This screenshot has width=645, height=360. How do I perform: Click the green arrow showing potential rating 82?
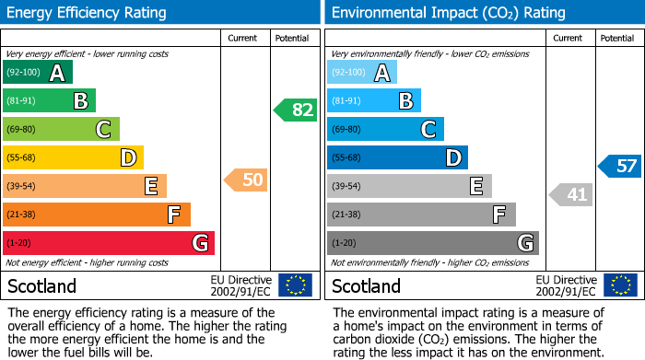pyautogui.click(x=296, y=110)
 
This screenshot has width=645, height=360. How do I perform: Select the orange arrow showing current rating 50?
pyautogui.click(x=246, y=180)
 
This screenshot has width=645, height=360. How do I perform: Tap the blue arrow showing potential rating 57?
pyautogui.click(x=620, y=167)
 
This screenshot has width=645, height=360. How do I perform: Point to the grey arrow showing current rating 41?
pyautogui.click(x=571, y=194)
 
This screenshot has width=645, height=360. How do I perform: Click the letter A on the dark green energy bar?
pyautogui.click(x=57, y=73)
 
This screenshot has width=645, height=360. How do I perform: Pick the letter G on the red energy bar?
pyautogui.click(x=199, y=243)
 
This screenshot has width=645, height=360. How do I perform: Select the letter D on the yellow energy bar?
pyautogui.click(x=128, y=158)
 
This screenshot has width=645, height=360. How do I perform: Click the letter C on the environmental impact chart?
pyautogui.click(x=428, y=130)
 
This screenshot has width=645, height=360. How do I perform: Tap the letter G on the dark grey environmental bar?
pyautogui.click(x=524, y=243)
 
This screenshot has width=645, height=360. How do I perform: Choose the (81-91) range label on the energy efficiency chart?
pyautogui.click(x=21, y=101)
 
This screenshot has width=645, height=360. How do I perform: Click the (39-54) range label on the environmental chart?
pyautogui.click(x=347, y=187)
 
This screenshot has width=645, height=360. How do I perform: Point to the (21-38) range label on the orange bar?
pyautogui.click(x=21, y=215)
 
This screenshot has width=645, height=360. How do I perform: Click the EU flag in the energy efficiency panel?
pyautogui.click(x=295, y=285)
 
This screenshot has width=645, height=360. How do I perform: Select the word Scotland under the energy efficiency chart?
pyautogui.click(x=42, y=286)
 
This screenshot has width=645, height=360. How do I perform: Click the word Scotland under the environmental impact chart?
pyautogui.click(x=367, y=286)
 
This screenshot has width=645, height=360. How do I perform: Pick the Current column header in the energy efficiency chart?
pyautogui.click(x=243, y=39)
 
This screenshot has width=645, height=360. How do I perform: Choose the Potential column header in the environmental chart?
pyautogui.click(x=617, y=39)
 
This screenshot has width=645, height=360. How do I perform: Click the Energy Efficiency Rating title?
pyautogui.click(x=87, y=13)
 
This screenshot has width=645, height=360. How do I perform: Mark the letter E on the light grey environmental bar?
pyautogui.click(x=476, y=187)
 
